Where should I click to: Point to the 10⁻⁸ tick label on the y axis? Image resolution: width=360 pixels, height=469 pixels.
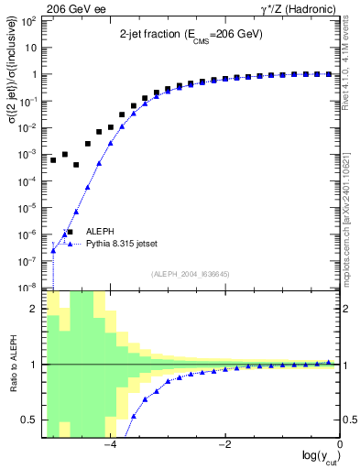27,288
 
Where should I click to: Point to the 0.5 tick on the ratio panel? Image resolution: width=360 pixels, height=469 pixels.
29,420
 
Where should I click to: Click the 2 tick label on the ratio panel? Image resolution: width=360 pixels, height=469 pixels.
35,309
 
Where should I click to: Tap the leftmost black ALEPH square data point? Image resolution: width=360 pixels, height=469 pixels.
54,160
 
